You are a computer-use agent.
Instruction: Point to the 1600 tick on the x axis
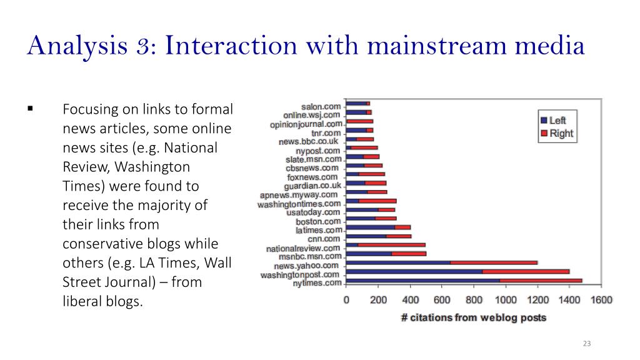(601, 300)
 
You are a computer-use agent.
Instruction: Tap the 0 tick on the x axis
(346, 300)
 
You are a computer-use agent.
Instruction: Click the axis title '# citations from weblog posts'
(473, 317)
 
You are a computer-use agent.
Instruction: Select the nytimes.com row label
(317, 283)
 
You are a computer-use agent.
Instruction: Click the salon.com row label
(321, 107)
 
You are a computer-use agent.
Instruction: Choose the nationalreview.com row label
(303, 248)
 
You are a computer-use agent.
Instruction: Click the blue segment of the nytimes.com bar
(422, 281)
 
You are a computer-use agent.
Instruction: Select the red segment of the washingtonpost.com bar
(526, 272)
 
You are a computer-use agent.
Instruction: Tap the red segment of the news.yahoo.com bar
(494, 262)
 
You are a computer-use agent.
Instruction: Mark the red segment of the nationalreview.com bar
(392, 245)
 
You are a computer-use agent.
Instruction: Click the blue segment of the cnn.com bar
(366, 236)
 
